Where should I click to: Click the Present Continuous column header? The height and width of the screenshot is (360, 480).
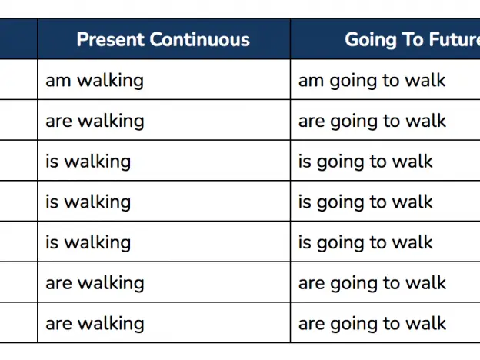pos(163,39)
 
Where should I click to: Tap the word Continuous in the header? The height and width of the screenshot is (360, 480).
pos(199,39)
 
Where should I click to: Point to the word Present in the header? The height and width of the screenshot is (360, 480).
pos(111,39)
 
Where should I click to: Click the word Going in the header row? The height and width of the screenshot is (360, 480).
pos(371,40)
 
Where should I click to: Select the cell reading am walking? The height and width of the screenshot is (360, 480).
pos(95,81)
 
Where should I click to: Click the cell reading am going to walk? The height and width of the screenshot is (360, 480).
pos(372,81)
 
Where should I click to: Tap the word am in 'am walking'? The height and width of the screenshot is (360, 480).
pos(58,82)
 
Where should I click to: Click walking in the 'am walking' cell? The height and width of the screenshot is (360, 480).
pos(110,81)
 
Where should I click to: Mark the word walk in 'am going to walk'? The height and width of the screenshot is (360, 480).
pos(425,80)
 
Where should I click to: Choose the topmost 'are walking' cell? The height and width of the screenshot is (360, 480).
pos(95,122)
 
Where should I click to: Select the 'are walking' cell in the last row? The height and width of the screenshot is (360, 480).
pos(95,324)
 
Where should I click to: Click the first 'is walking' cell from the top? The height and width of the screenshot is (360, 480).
pos(88,162)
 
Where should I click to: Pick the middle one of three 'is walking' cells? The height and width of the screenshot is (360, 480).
pos(88,202)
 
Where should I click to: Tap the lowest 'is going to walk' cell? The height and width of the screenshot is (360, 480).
pos(365,243)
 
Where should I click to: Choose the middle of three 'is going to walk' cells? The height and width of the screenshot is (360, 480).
pos(365,202)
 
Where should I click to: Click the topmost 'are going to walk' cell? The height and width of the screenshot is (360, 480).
pos(372,122)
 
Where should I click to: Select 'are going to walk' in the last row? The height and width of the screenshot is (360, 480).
pos(372,324)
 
